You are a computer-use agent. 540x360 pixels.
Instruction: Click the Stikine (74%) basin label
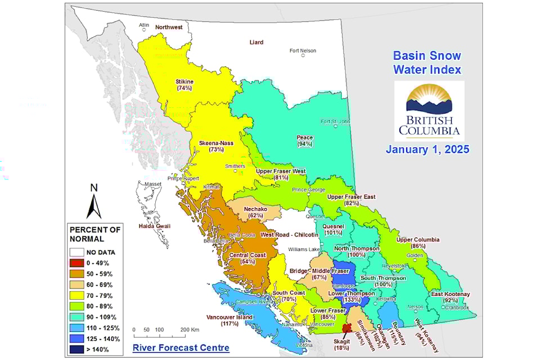[x=184, y=85]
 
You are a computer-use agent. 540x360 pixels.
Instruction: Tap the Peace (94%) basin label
[x=305, y=141]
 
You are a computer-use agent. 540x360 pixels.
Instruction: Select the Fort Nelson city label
[x=303, y=51]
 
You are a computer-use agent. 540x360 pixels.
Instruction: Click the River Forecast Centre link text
[x=181, y=348]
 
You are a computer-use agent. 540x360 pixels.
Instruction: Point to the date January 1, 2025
[x=427, y=150]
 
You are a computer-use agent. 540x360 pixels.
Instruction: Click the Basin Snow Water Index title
[x=427, y=62]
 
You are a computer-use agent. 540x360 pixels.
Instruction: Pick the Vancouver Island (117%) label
[x=229, y=320]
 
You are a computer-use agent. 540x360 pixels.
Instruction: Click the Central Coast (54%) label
[x=247, y=259]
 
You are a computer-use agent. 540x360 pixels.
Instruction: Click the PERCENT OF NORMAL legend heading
[x=95, y=233]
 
